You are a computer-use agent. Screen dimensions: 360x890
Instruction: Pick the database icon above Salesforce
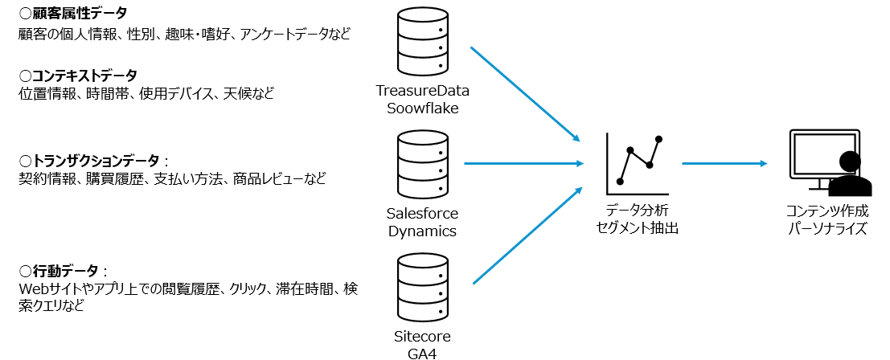click(422, 165)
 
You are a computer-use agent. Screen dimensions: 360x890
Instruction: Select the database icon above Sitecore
click(422, 288)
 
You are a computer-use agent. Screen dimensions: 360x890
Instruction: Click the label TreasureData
click(422, 91)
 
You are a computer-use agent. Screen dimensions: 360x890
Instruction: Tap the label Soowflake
click(422, 108)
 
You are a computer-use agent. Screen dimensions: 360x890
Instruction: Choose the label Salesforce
click(422, 214)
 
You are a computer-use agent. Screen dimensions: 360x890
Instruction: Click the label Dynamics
click(422, 231)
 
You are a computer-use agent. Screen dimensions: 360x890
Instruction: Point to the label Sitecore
click(422, 336)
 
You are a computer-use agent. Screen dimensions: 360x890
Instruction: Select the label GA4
click(422, 352)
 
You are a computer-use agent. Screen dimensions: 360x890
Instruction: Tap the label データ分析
click(638, 211)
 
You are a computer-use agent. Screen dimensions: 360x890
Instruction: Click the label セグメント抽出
click(638, 228)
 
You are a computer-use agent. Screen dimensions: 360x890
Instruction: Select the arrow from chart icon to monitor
click(724, 163)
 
